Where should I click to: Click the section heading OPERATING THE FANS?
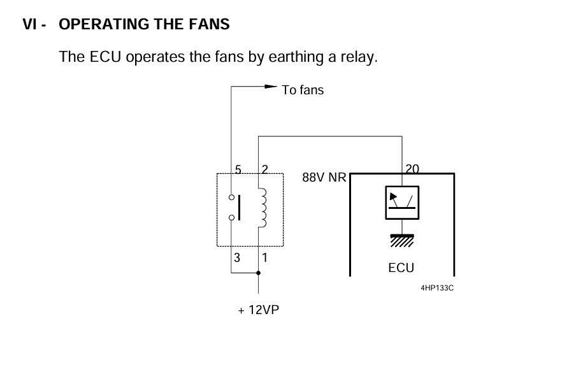click(144, 24)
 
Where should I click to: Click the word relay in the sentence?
click(359, 57)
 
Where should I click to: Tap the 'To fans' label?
click(303, 90)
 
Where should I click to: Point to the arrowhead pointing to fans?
click(271, 87)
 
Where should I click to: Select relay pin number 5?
click(238, 169)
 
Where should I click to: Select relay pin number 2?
click(264, 169)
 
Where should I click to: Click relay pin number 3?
click(237, 257)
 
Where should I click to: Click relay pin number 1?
click(264, 257)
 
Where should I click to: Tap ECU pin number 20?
click(412, 169)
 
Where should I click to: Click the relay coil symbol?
click(263, 208)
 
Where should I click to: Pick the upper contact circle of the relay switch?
click(231, 197)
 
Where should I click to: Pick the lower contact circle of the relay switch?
click(231, 217)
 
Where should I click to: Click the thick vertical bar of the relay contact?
click(239, 208)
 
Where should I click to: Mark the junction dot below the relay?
click(259, 273)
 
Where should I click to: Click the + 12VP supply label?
click(259, 310)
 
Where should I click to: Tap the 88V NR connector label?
click(324, 177)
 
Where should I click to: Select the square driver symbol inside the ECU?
click(402, 203)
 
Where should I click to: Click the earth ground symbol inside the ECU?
click(402, 241)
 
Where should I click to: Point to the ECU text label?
click(401, 268)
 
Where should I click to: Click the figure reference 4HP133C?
click(437, 288)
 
